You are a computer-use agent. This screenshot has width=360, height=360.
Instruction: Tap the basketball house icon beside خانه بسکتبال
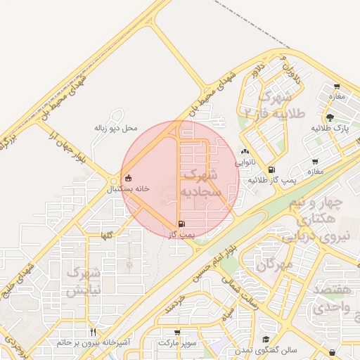127,179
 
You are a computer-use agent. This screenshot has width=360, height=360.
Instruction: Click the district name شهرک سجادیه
200,182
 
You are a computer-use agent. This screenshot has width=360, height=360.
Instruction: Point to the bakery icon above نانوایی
244,151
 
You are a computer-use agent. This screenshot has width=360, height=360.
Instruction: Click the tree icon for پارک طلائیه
330,117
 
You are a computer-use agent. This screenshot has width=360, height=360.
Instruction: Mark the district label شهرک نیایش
85,281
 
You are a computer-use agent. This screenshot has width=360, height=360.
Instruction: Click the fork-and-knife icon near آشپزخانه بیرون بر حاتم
93,332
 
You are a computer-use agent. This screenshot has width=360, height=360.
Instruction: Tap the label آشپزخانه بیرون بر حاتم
93,342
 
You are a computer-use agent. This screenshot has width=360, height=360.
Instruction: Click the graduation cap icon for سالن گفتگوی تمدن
266,340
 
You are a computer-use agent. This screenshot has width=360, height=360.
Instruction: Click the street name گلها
106,231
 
